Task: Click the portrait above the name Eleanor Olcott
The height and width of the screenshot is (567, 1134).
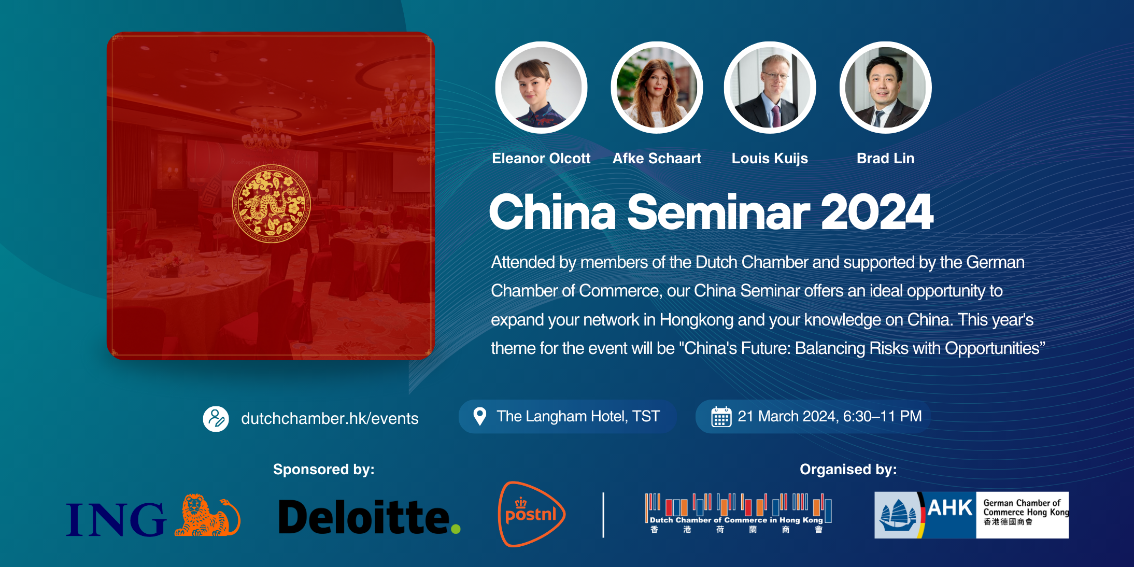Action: pyautogui.click(x=541, y=88)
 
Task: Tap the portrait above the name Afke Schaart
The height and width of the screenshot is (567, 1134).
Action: pyautogui.click(x=657, y=88)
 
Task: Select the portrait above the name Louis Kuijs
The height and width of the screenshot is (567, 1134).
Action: pyautogui.click(x=770, y=88)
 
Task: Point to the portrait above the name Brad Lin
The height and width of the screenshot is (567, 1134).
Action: pyautogui.click(x=885, y=88)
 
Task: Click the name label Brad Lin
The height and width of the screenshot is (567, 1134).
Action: pyautogui.click(x=885, y=158)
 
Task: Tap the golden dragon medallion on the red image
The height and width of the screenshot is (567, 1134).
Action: pyautogui.click(x=271, y=204)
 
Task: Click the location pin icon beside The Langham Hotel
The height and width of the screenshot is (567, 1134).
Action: pyautogui.click(x=480, y=416)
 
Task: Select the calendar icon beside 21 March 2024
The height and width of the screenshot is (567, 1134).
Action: pyautogui.click(x=721, y=417)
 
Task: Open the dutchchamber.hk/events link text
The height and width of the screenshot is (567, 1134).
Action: pyautogui.click(x=330, y=418)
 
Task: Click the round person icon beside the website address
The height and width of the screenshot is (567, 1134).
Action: pyautogui.click(x=216, y=419)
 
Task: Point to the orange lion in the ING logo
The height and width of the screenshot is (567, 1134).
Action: pyautogui.click(x=207, y=515)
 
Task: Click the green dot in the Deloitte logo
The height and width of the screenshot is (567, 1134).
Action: pyautogui.click(x=456, y=529)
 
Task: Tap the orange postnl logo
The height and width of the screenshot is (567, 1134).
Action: pyautogui.click(x=531, y=514)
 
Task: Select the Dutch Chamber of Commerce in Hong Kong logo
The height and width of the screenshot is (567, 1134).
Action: pyautogui.click(x=738, y=514)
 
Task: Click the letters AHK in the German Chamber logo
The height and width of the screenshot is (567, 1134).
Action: pyautogui.click(x=950, y=508)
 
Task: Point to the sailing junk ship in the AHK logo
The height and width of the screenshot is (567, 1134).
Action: pyautogui.click(x=897, y=515)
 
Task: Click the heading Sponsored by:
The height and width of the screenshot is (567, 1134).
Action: pyautogui.click(x=323, y=469)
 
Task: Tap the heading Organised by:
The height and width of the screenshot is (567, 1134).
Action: pyautogui.click(x=848, y=469)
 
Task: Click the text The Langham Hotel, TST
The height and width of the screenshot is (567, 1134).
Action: pyautogui.click(x=578, y=416)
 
